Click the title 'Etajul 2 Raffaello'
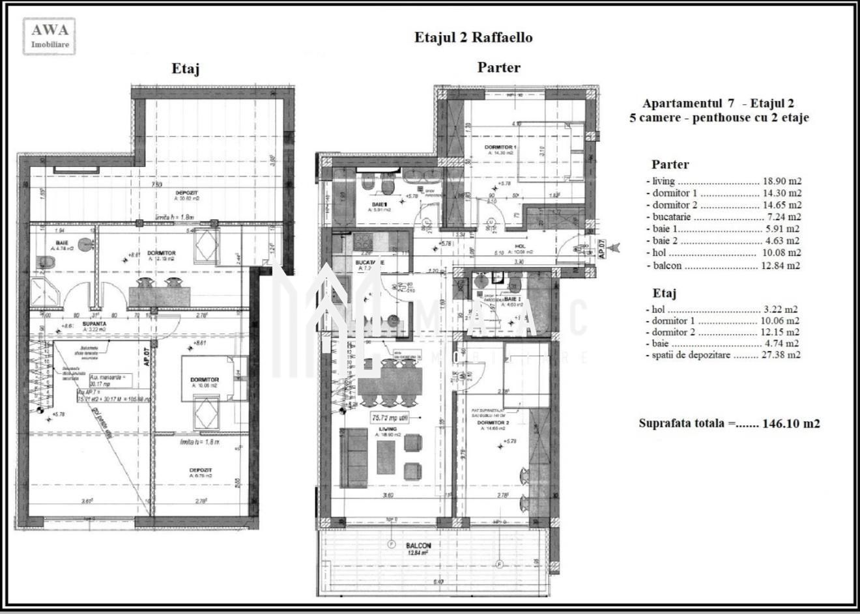click(x=473, y=38)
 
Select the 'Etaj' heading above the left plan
click(x=185, y=68)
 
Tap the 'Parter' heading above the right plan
click(x=498, y=67)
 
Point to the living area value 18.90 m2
click(x=782, y=182)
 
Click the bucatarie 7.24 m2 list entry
click(x=723, y=217)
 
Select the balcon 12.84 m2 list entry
click(x=723, y=265)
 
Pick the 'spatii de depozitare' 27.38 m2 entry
click(x=723, y=355)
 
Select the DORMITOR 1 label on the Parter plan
click(x=500, y=147)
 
